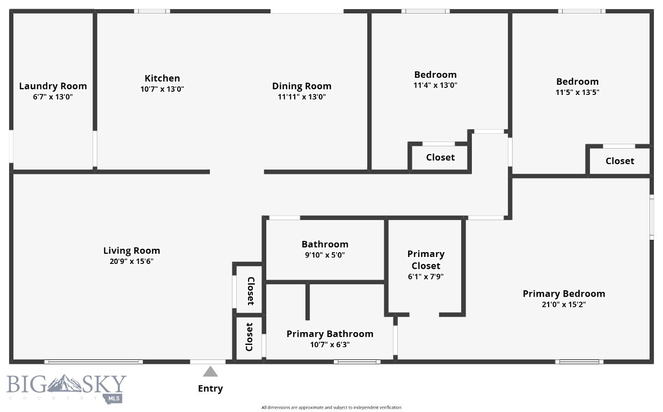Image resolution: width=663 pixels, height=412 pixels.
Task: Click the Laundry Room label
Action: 53,86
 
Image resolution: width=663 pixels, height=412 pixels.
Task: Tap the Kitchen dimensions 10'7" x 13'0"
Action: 162,89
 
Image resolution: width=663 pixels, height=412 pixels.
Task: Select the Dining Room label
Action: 302,86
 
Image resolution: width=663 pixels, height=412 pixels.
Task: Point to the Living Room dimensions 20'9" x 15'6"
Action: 132,262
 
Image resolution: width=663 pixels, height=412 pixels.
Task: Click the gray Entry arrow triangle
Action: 210,371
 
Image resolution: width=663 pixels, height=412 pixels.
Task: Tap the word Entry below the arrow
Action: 210,388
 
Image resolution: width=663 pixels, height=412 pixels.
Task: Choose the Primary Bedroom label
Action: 564,293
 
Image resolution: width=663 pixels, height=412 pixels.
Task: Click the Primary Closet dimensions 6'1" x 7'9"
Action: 426,277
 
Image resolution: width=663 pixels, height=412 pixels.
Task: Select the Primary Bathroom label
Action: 330,334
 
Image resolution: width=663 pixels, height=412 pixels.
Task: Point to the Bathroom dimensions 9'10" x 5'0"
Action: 325,255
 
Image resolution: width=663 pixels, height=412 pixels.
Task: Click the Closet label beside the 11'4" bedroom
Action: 440,157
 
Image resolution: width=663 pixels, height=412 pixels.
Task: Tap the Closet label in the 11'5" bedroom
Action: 620,161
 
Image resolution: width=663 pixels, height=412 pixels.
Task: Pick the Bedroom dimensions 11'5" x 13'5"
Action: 577,92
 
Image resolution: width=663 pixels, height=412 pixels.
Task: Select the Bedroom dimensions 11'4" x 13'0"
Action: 435,85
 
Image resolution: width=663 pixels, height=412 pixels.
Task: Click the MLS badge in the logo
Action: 113,398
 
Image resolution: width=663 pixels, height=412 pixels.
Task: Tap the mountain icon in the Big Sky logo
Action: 64,383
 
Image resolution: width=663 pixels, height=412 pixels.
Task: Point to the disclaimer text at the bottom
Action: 331,408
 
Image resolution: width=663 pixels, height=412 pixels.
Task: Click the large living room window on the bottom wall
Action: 93,362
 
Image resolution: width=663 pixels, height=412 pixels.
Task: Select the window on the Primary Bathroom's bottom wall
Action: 357,362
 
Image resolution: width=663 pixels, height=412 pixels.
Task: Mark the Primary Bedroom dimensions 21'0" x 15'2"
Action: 564,305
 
